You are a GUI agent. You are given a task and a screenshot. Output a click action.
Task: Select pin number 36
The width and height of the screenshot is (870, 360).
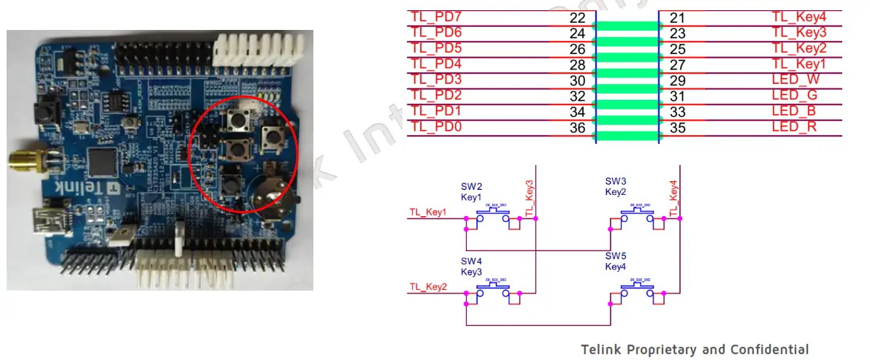click(x=577, y=128)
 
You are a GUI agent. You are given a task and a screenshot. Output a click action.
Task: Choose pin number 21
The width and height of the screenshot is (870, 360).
click(x=677, y=17)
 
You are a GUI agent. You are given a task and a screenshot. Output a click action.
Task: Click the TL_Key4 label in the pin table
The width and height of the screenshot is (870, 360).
click(x=799, y=17)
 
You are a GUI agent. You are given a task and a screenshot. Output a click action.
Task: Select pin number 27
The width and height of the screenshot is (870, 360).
click(x=677, y=64)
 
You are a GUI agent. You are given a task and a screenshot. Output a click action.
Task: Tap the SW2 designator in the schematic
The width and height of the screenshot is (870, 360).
click(x=470, y=187)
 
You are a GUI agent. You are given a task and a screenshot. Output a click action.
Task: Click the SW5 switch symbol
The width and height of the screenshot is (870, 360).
click(x=637, y=291)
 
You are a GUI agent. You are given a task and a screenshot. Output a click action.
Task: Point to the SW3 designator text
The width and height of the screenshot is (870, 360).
click(x=615, y=181)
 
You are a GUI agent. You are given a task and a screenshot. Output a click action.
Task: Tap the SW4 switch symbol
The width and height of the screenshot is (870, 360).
click(x=493, y=291)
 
